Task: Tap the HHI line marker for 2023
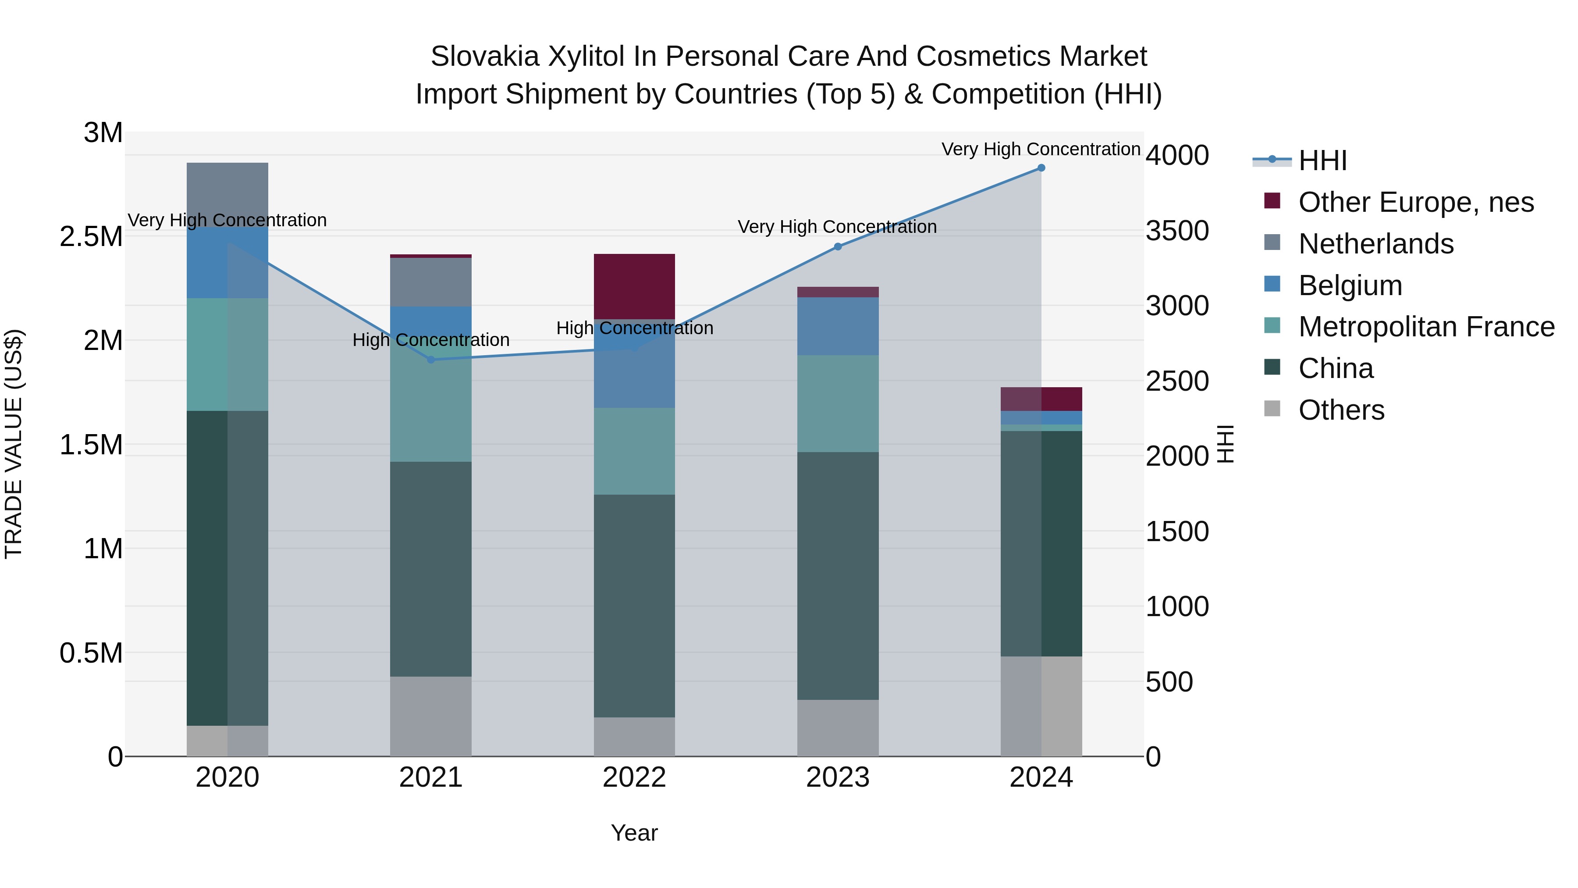[838, 247]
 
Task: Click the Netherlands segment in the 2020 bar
[227, 194]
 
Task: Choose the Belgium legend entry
[1350, 285]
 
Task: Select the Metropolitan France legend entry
[1425, 327]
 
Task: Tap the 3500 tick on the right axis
[1177, 231]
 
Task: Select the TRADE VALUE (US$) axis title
[14, 444]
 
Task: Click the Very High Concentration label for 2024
[1040, 149]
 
